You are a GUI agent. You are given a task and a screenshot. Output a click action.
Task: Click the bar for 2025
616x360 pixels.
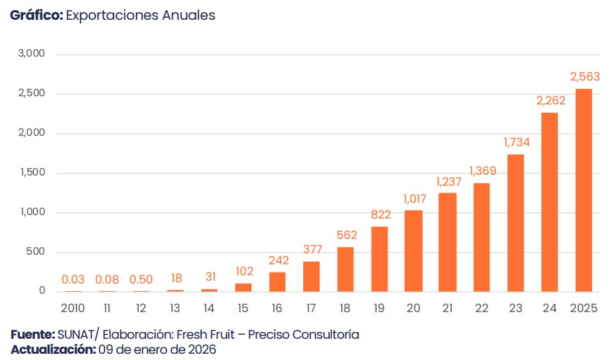pos(583,190)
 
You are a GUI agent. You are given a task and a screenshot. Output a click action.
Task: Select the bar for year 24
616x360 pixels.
pos(549,202)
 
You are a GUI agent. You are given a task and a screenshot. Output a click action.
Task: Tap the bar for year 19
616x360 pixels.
pos(379,259)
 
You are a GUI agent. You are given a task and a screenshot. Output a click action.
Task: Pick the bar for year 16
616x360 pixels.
pos(277,281)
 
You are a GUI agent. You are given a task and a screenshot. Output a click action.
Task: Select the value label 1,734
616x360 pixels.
pos(516,142)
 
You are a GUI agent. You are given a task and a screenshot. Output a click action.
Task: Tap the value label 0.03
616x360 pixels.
pos(73,279)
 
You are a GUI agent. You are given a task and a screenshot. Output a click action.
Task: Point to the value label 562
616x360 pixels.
pos(347,236)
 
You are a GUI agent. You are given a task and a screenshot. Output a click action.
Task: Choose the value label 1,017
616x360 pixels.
pos(413,199)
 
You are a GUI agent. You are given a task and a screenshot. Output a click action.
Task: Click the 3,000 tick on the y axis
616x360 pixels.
pos(31,54)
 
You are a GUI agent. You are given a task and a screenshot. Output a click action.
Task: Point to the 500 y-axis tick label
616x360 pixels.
pos(36,252)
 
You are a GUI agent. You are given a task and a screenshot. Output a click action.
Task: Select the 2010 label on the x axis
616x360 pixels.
pos(73,308)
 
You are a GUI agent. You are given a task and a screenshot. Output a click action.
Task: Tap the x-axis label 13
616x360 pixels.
pos(176,308)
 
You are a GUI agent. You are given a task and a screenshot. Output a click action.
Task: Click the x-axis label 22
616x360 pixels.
pos(481,308)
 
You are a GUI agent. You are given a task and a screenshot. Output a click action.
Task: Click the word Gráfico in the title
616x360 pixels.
pos(36,15)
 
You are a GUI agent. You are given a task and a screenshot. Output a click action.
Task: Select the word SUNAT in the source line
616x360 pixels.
pos(76,335)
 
